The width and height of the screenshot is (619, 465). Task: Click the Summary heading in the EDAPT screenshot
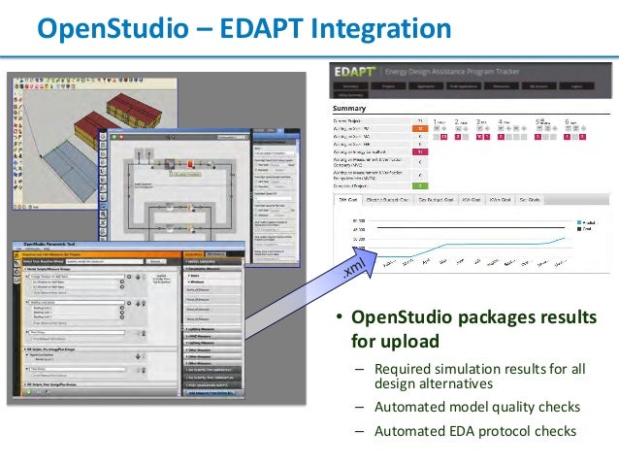348,108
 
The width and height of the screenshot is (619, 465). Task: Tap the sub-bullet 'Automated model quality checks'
476,407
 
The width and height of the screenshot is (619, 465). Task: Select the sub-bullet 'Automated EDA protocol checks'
474,431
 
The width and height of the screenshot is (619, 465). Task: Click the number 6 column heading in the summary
568,122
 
